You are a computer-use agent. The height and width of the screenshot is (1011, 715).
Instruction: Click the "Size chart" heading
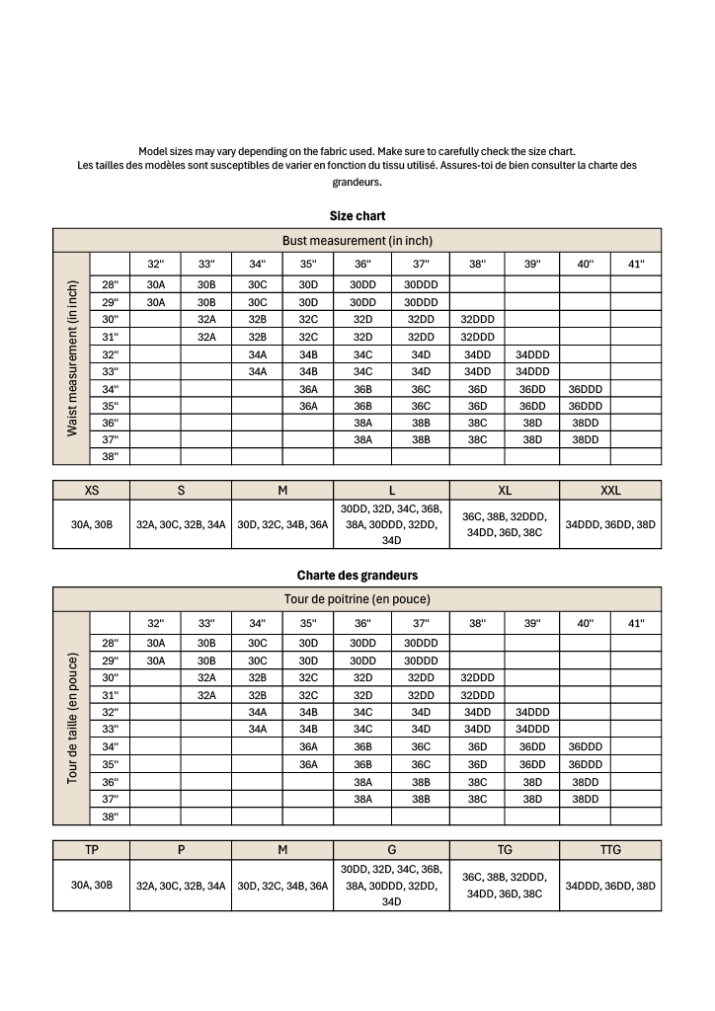coord(357,215)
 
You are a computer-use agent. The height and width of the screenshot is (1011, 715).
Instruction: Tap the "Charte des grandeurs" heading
coord(357,575)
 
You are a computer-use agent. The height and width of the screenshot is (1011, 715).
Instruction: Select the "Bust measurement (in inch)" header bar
coord(357,240)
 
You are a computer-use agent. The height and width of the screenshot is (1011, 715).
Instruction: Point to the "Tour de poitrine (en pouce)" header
coord(357,599)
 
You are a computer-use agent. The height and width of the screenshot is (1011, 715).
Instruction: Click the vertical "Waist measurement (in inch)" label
coord(71,358)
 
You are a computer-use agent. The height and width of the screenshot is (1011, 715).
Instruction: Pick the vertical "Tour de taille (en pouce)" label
coord(71,718)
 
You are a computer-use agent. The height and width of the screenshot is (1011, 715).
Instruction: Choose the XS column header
coord(91,490)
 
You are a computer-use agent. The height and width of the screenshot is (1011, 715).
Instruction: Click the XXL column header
coord(610,490)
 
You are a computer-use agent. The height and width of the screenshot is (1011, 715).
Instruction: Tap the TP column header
coord(91,849)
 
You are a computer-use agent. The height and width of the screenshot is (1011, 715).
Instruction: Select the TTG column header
coord(610,849)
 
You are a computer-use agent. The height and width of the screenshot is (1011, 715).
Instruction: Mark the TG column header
coord(505,849)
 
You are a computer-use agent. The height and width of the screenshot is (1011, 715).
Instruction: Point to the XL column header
coord(505,490)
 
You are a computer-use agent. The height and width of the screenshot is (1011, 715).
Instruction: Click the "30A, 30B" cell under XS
coord(91,525)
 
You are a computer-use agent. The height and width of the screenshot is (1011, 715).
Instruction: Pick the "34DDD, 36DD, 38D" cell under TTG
coord(610,886)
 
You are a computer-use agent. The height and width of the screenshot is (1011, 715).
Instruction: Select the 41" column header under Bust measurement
coord(635,264)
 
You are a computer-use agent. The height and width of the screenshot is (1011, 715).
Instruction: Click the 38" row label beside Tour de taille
coord(110,817)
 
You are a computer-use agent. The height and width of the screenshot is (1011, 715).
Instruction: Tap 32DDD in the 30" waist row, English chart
coord(477,319)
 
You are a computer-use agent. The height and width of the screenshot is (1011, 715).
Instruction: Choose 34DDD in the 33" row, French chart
coord(532,730)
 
